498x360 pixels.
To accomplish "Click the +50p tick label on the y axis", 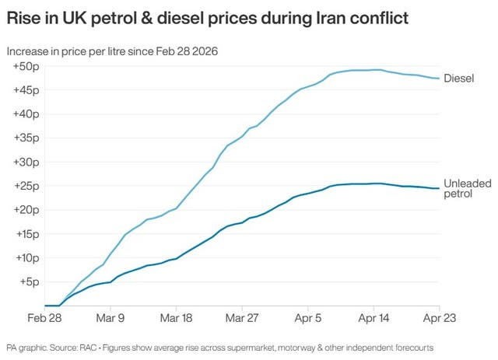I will (x=27, y=67).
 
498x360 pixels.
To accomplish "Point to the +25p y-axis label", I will (x=27, y=186).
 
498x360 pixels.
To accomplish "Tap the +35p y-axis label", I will (x=27, y=138).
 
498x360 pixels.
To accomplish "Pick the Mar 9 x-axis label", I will (x=110, y=318).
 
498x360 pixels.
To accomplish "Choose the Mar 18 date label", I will (x=177, y=318).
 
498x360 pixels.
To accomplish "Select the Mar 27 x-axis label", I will (x=243, y=318).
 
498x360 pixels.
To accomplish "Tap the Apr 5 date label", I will (x=308, y=318).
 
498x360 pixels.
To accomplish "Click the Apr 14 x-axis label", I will (x=374, y=318).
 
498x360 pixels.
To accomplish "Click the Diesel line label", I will (x=459, y=79).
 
